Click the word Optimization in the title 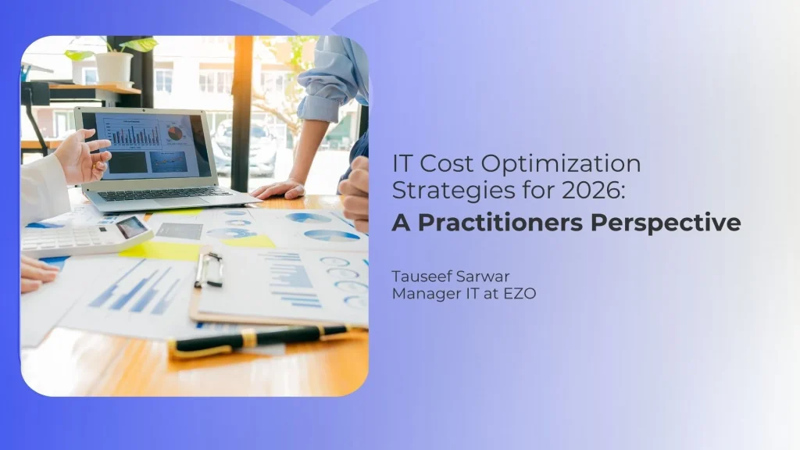(561, 165)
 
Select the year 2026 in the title (593, 190)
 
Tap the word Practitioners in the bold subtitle (500, 223)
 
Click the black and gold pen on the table (259, 339)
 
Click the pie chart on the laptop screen (175, 134)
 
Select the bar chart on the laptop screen (134, 134)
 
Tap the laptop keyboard (164, 194)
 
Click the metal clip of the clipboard (209, 269)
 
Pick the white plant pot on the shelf (114, 67)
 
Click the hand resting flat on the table (279, 189)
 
